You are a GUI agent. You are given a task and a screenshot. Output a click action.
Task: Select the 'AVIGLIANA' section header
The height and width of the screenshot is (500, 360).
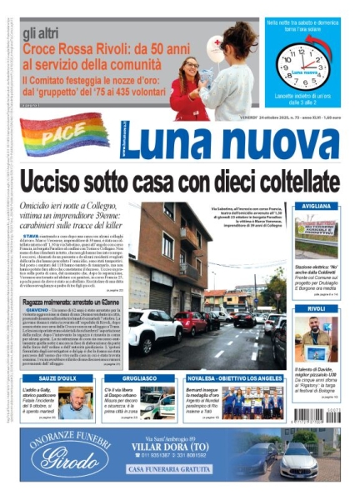[316, 205]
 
